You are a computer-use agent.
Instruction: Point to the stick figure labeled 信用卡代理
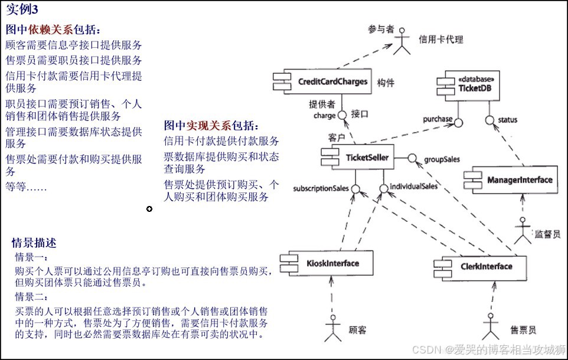click(x=403, y=41)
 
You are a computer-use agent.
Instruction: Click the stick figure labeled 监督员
click(x=522, y=231)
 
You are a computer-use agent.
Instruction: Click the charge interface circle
click(x=342, y=116)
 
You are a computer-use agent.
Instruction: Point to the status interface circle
click(x=489, y=120)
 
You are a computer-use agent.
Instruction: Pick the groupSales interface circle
click(x=413, y=158)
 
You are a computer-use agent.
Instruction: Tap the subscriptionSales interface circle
click(x=355, y=189)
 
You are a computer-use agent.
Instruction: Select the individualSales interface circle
click(x=384, y=189)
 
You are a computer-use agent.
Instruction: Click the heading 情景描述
click(x=34, y=243)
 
